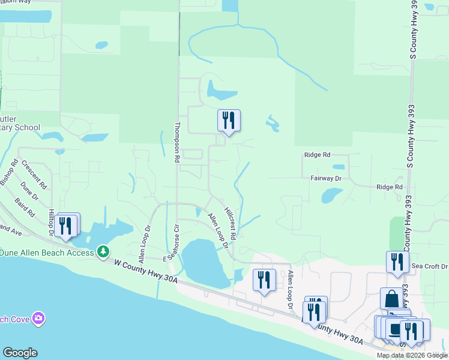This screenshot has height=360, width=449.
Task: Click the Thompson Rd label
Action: pos(177,143)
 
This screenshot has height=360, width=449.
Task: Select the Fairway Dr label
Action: pos(326,178)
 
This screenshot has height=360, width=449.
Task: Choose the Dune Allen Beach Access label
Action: pos(47,253)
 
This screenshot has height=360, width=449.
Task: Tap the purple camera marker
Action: pos(39,317)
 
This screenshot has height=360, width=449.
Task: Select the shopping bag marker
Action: pos(391,298)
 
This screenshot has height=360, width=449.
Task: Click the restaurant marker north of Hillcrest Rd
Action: pos(229,120)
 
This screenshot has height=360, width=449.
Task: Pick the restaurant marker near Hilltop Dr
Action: pos(66,225)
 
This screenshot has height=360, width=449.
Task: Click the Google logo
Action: pos(20,353)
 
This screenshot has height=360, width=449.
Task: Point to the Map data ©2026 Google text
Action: pos(412,356)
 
